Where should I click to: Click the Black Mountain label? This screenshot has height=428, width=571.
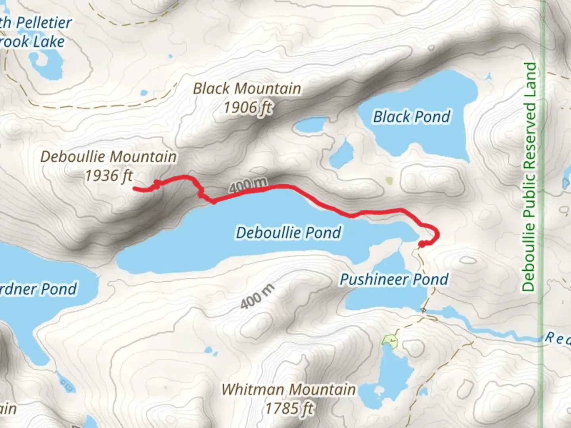(247, 88)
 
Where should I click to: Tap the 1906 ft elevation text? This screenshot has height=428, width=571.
(248, 107)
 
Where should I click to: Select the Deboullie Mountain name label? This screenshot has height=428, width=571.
(108, 157)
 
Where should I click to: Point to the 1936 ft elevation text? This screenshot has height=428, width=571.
(109, 176)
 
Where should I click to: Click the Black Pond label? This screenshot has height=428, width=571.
(412, 117)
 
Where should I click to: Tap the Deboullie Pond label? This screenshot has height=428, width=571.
(288, 233)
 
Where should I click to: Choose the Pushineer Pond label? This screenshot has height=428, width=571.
(394, 280)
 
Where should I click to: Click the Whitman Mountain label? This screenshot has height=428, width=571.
(288, 390)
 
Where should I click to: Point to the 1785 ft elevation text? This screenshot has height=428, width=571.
(289, 408)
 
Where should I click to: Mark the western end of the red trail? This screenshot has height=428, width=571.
(134, 189)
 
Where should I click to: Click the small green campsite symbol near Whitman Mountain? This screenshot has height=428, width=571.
(390, 340)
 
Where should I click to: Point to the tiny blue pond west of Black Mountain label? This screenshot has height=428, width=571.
(144, 94)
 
